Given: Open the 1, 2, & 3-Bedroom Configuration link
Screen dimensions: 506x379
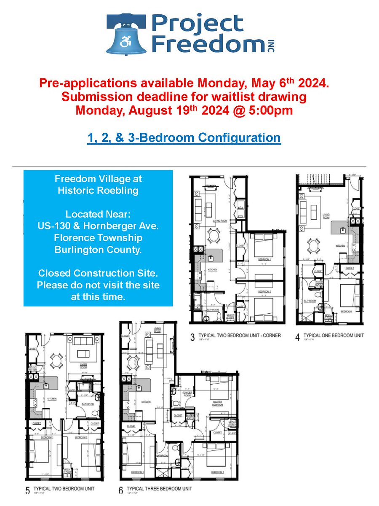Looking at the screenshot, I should [184, 137].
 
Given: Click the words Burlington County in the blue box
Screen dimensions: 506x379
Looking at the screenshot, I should [98, 249].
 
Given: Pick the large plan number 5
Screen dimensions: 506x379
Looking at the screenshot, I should [27, 490].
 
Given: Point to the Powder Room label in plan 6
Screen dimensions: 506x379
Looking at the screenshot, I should [187, 393].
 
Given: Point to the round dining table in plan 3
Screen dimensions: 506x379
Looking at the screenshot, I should [215, 235].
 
